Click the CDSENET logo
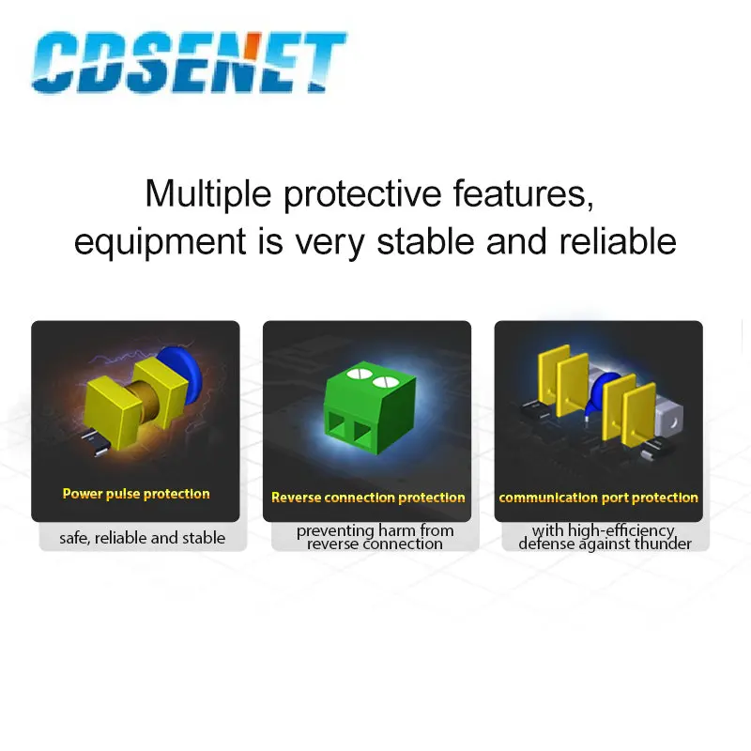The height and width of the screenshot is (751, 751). tap(189, 62)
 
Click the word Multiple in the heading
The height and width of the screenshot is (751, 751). tap(208, 194)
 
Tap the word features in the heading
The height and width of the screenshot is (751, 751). tap(524, 193)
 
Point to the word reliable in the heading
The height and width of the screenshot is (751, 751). tap(618, 241)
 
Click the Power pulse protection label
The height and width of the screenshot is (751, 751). tap(136, 494)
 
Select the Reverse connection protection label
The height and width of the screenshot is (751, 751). tap(368, 498)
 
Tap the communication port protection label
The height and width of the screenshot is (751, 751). tap(598, 498)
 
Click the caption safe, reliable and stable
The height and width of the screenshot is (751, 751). tap(143, 538)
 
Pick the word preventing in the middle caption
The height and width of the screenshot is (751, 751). tap(335, 530)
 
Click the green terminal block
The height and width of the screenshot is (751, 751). tap(370, 407)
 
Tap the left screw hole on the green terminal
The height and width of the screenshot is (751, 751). tap(360, 373)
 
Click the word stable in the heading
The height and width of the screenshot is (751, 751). tap(425, 241)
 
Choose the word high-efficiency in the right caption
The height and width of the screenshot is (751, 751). tap(621, 530)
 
